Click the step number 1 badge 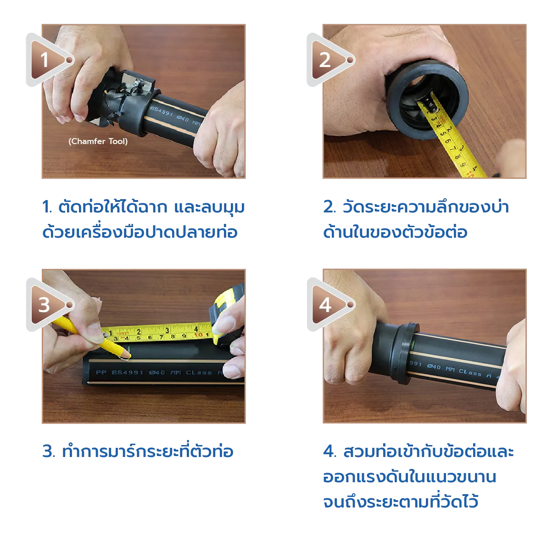[x=45, y=60]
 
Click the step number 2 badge [x=325, y=60]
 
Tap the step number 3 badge [x=45, y=305]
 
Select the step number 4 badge [x=325, y=305]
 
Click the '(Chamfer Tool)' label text [x=98, y=141]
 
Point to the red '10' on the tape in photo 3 [x=198, y=335]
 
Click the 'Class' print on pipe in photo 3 [x=199, y=373]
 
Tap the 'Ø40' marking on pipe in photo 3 [x=157, y=373]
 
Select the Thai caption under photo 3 [x=138, y=451]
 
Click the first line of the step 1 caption [x=143, y=207]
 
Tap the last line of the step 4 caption [x=400, y=501]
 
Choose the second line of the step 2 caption [x=396, y=232]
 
